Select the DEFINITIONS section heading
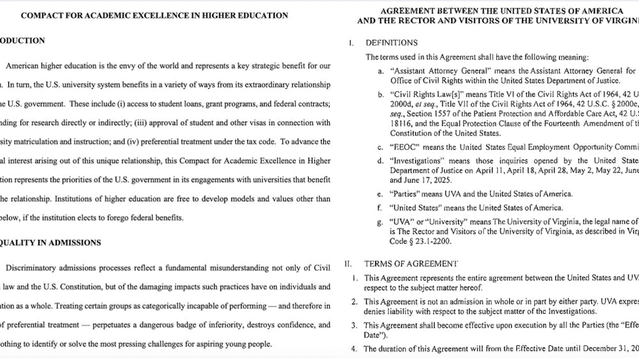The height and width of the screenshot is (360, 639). [391, 43]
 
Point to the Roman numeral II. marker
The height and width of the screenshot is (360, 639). [348, 263]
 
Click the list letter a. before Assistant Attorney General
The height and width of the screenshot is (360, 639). [381, 70]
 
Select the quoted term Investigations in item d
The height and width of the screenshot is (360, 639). [417, 160]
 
